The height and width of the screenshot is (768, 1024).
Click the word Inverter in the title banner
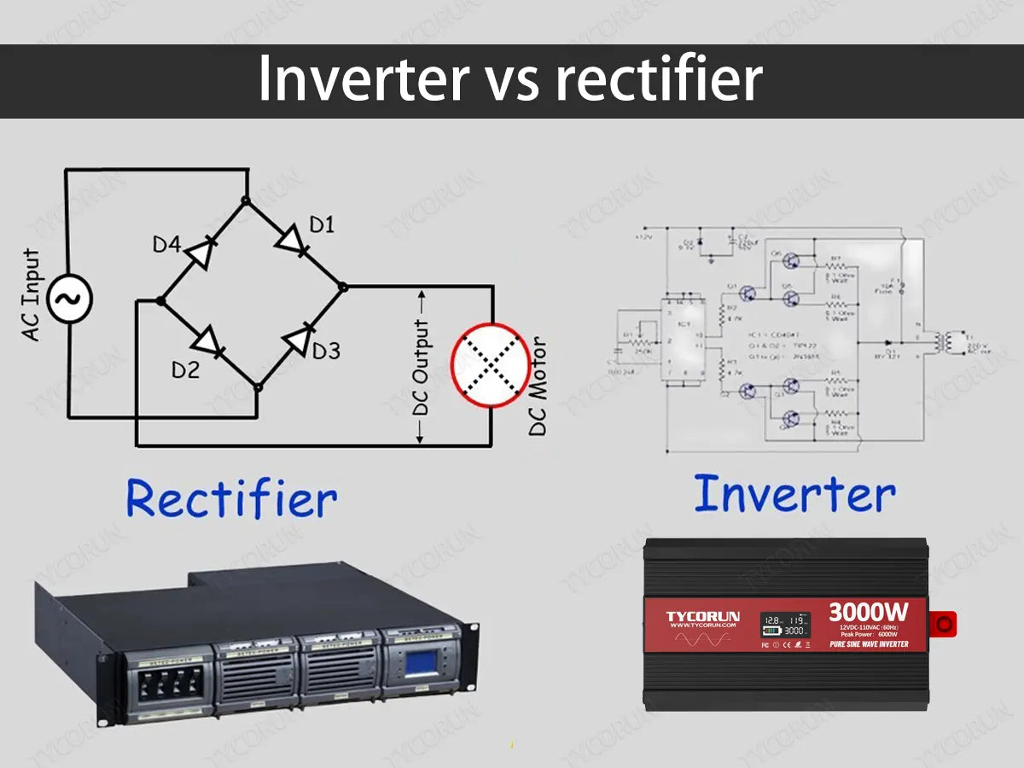pos(363,80)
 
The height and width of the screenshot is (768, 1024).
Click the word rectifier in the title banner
pos(658,80)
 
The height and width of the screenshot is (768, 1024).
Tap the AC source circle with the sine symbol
pos(68,299)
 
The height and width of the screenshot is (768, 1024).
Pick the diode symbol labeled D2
pos(208,343)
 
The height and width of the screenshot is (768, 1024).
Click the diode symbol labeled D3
pos(298,340)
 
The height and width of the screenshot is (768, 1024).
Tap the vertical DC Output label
pos(421,367)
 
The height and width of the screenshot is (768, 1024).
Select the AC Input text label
pos(31,295)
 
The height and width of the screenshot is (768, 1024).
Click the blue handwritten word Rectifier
pos(231,499)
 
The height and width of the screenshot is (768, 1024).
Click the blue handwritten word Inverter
pos(794,493)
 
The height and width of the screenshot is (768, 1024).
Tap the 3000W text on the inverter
pos(867,612)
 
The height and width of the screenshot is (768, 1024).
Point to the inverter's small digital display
pos(785,625)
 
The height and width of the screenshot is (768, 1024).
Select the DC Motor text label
pos(538,386)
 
